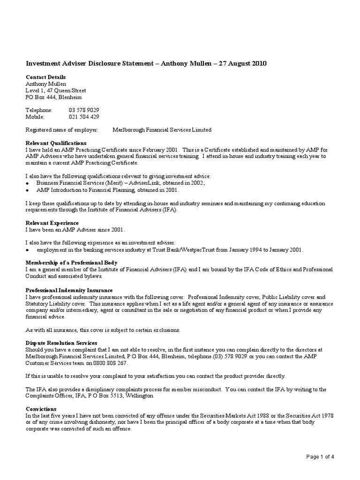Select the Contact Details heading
[x=45, y=77]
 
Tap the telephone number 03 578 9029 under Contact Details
[x=84, y=110]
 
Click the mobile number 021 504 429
[x=84, y=117]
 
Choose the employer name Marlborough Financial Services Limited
[x=162, y=130]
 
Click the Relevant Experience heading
[x=52, y=223]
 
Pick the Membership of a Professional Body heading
[x=71, y=262]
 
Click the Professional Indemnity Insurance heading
[x=69, y=290]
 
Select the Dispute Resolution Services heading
[x=61, y=343]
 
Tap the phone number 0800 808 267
[x=110, y=363]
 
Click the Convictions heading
[x=41, y=409]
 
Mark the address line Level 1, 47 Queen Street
[x=55, y=90]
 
